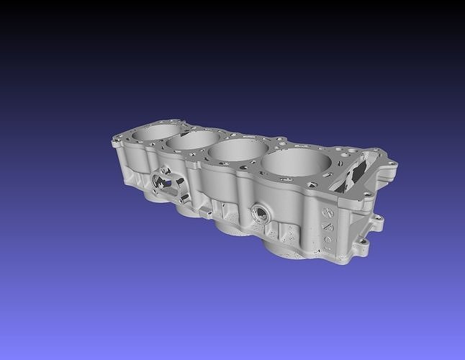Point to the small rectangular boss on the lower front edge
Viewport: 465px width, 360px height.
click(205, 213)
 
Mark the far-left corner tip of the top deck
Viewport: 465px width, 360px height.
click(114, 142)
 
